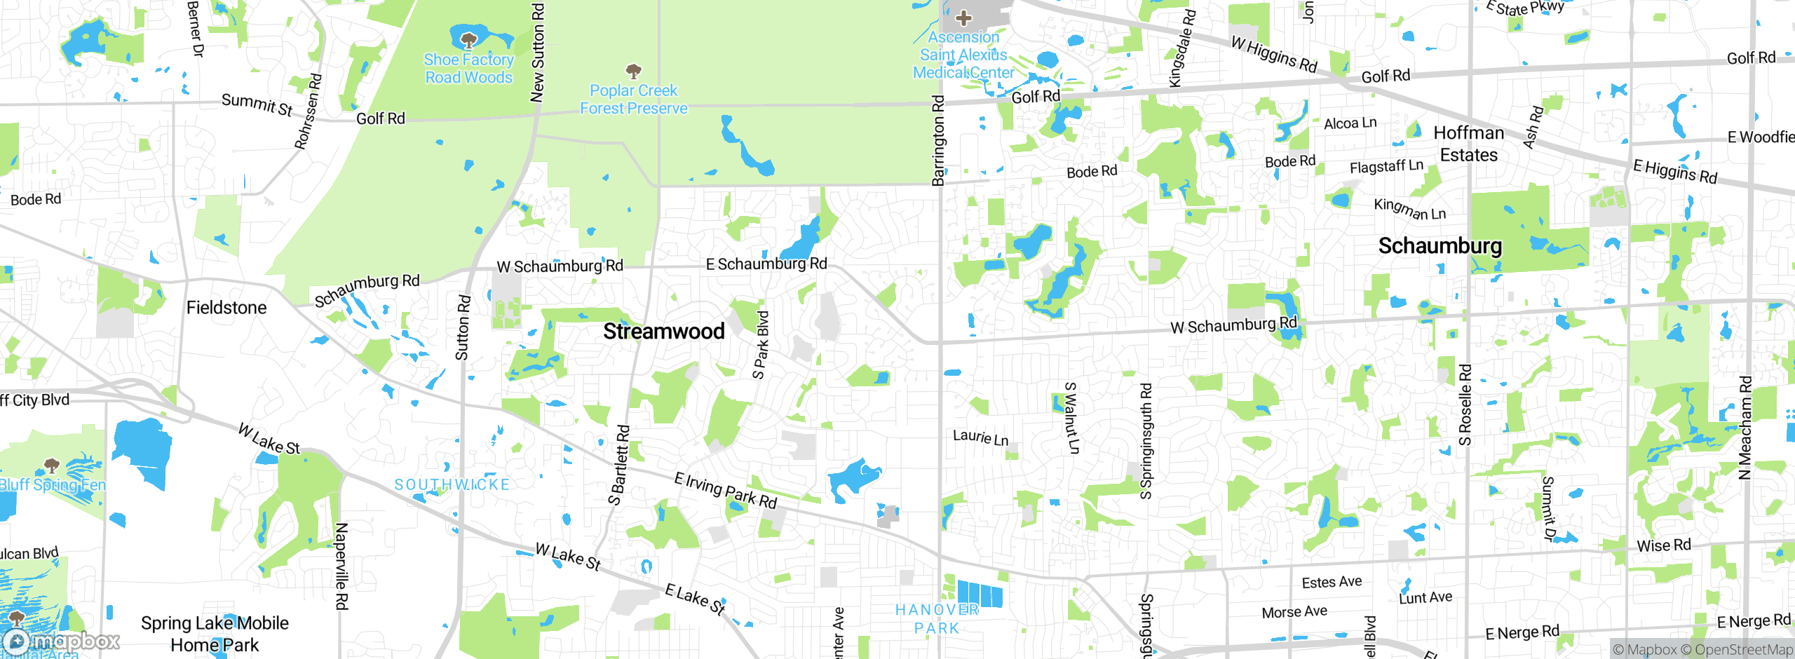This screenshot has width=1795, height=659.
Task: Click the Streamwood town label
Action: click(x=663, y=332)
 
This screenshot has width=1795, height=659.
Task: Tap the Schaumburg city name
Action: click(x=1440, y=246)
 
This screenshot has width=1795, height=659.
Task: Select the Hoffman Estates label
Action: click(x=1468, y=144)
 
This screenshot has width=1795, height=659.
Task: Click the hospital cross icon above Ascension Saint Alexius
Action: click(x=963, y=18)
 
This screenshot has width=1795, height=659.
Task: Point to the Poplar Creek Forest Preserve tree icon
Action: click(x=633, y=71)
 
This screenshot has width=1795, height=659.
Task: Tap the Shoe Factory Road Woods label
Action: click(x=468, y=69)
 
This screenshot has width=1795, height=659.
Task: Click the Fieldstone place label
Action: click(x=226, y=308)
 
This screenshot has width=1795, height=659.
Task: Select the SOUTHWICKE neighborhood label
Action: click(x=452, y=484)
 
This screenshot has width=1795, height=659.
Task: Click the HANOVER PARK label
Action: click(x=937, y=618)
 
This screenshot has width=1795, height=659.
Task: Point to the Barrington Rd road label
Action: click(x=938, y=140)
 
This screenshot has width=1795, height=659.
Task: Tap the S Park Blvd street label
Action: click(x=761, y=345)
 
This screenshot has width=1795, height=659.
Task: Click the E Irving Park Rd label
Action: click(x=725, y=490)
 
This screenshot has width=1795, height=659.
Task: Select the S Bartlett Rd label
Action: click(x=619, y=465)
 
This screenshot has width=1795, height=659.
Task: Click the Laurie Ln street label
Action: click(x=980, y=438)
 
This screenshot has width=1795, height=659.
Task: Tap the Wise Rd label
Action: click(x=1663, y=545)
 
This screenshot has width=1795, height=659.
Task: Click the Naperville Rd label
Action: click(x=341, y=566)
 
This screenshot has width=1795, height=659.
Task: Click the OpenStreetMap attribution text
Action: click(x=1743, y=650)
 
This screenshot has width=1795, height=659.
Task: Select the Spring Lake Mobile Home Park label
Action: click(x=215, y=634)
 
